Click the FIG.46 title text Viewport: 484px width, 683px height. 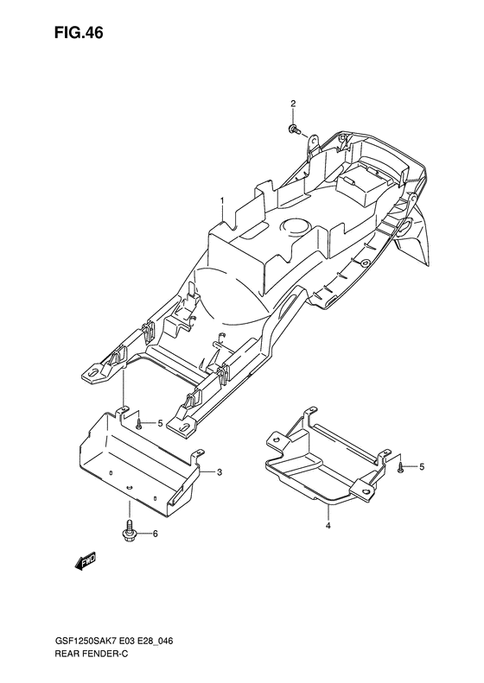pos(79,33)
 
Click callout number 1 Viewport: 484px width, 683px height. pos(222,201)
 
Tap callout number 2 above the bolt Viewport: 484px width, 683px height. pos(293,104)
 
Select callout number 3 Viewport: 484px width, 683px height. pos(220,471)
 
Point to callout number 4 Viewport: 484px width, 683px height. pos(328,526)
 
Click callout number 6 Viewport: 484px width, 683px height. pos(155,534)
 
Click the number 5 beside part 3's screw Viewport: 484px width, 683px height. pos(160,423)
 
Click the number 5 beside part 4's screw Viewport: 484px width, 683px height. pos(422,467)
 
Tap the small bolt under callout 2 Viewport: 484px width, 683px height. pos(293,129)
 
